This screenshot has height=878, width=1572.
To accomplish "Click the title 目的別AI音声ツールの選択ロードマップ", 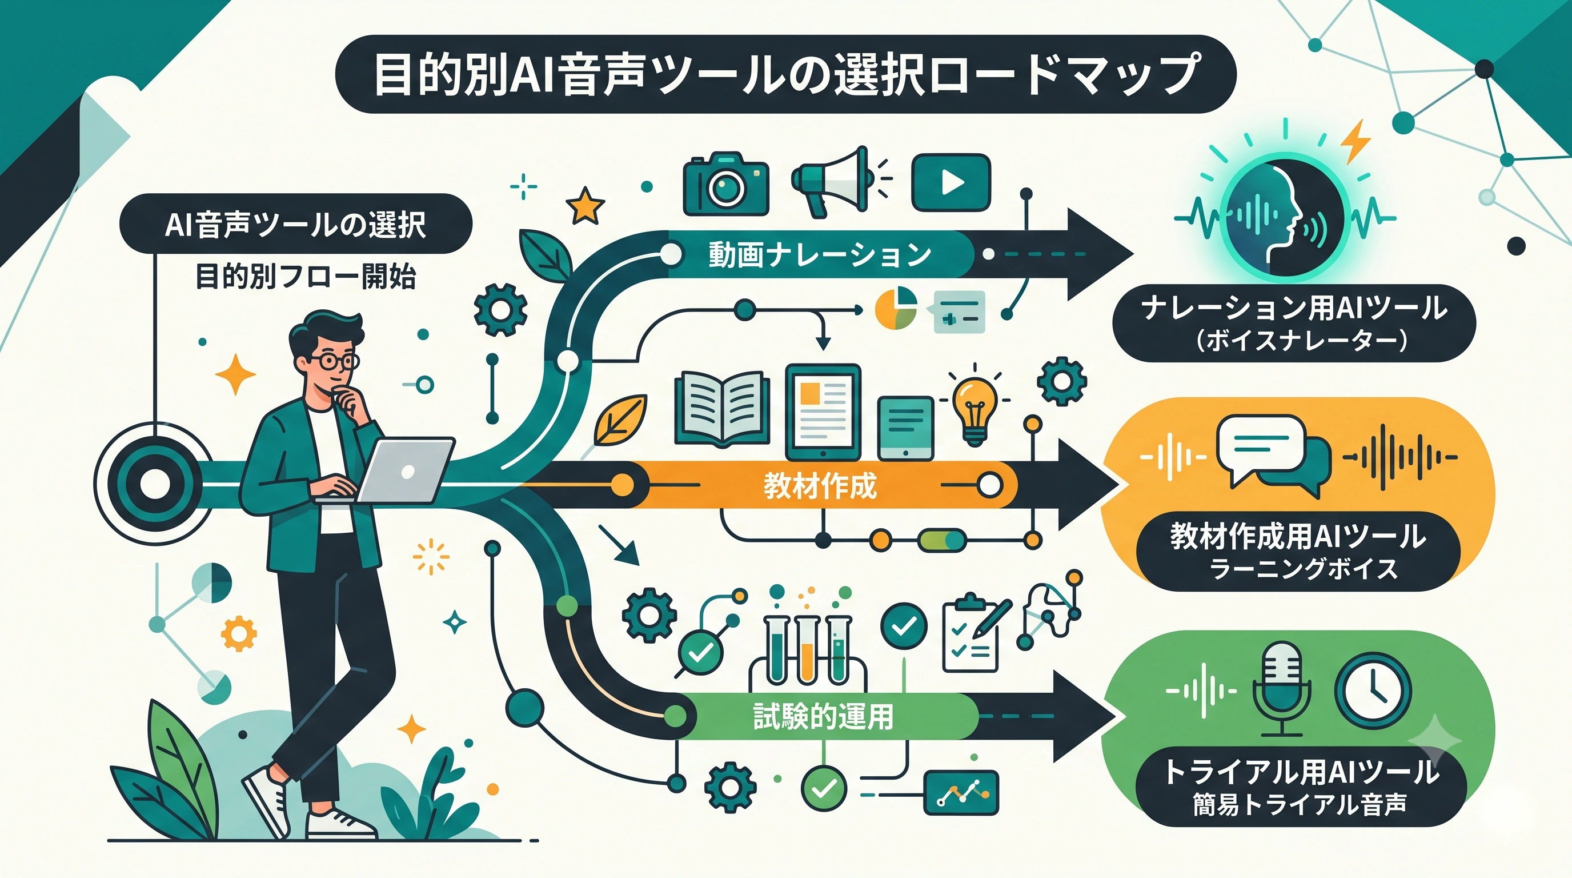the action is coord(785,74).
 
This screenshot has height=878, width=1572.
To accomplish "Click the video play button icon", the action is coord(951,182).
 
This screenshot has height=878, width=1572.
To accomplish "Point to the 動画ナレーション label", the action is coord(820,254).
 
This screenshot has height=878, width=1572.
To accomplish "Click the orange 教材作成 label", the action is coord(820,486).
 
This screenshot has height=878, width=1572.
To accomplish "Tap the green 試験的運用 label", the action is coord(823,716).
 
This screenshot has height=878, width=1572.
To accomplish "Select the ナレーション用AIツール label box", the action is coord(1294,323).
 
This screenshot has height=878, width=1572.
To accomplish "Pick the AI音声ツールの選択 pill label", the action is coord(296,224).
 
